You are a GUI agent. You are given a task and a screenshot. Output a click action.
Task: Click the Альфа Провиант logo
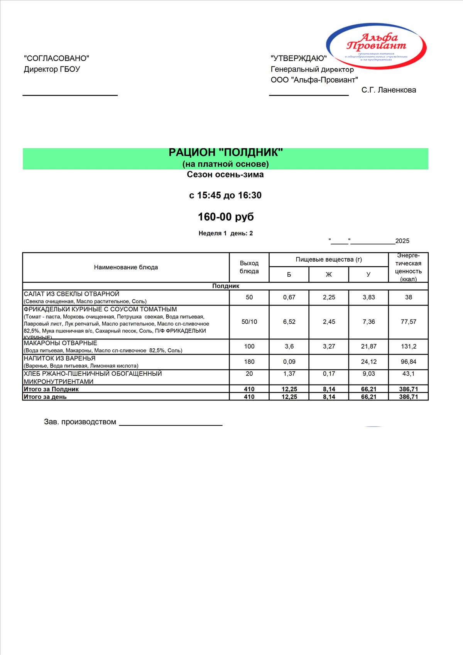click(x=376, y=43)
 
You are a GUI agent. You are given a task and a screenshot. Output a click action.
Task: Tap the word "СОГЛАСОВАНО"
click(x=56, y=58)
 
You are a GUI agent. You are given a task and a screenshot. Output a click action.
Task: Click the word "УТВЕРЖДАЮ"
click(x=299, y=58)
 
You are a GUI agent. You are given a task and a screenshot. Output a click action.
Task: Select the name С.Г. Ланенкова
click(x=389, y=90)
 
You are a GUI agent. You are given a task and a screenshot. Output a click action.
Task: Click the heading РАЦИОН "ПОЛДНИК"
click(x=226, y=153)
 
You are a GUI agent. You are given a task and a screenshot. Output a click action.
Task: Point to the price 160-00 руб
click(x=226, y=217)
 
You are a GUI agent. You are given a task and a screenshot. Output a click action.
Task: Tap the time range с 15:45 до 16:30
click(x=225, y=195)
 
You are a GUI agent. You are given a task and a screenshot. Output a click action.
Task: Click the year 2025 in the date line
click(x=402, y=241)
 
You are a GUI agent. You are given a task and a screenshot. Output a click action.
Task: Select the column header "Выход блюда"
click(x=249, y=267)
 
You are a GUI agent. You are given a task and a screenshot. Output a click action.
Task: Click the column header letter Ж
click(x=329, y=275)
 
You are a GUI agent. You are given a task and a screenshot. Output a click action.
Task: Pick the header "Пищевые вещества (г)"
click(x=329, y=260)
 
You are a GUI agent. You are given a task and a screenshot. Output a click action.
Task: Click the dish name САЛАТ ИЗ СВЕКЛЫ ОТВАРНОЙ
click(x=72, y=294)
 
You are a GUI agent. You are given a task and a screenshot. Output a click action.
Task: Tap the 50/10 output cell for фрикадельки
click(x=249, y=322)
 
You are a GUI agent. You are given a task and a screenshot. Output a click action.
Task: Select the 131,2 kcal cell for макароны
click(x=409, y=346)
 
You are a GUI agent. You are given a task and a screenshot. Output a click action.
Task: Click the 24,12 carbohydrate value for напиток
click(x=368, y=362)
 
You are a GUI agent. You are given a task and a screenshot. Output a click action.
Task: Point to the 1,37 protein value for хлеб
click(x=289, y=374)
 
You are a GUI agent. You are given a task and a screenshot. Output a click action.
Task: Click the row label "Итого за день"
click(x=45, y=397)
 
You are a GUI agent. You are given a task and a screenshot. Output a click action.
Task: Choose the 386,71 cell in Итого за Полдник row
click(x=409, y=389)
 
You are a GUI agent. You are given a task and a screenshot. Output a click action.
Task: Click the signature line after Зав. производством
click(x=171, y=424)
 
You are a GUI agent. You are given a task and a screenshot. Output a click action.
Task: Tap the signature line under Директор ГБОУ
click(x=70, y=95)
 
